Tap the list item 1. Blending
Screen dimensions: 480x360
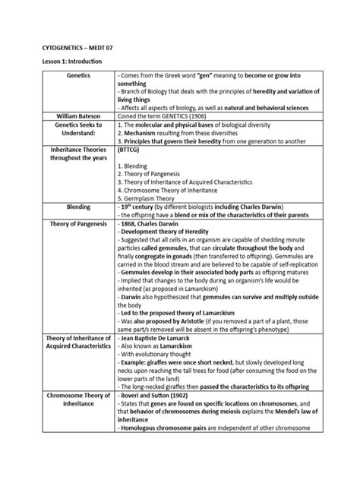coord(134,165)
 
